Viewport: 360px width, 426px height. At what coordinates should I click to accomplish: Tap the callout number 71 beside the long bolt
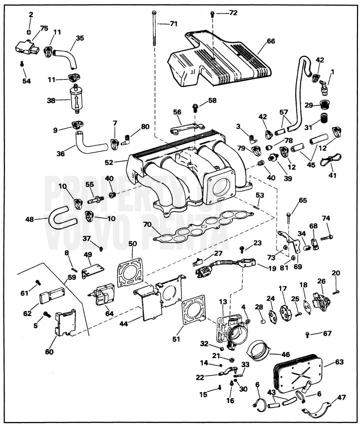173,23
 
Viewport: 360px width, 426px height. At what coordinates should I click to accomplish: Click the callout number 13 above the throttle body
223,302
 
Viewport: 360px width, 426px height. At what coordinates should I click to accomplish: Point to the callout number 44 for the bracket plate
124,324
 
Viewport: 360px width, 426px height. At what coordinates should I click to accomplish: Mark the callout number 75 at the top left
44,28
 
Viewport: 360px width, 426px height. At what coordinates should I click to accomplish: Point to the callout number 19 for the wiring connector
273,268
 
